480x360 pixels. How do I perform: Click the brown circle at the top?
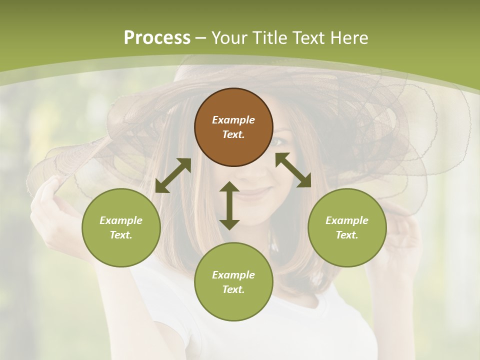[x=233, y=127]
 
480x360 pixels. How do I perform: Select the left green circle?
[x=121, y=227]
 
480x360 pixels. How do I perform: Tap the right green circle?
[x=347, y=227]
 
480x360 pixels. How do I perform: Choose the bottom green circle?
[x=233, y=282]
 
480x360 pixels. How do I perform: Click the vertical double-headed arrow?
[x=229, y=205]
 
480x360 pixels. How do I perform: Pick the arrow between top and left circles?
[x=173, y=175]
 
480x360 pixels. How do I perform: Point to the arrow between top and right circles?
[x=293, y=170]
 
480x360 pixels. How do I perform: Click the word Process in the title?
[x=157, y=38]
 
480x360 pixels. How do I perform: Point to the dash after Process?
[x=200, y=38]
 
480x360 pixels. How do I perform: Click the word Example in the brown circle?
[x=233, y=120]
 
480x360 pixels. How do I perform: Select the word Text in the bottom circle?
[x=233, y=289]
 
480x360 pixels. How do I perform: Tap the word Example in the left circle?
[x=121, y=220]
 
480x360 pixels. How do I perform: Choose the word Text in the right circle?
[x=346, y=235]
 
